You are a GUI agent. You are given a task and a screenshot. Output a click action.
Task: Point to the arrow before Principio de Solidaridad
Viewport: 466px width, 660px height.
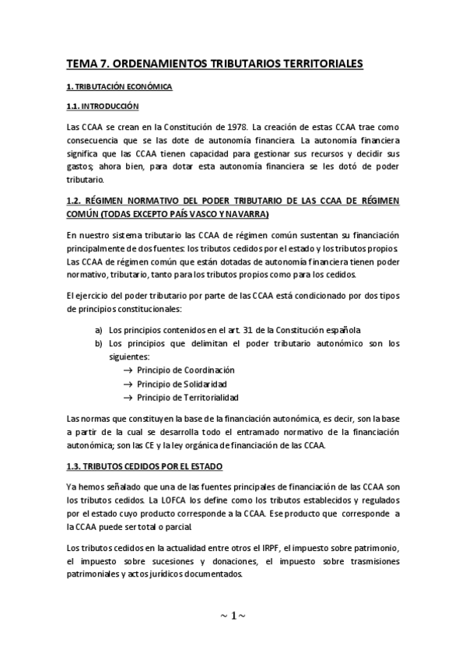(x=128, y=384)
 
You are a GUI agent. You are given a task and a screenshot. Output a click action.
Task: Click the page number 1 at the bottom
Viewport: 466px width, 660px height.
(x=233, y=616)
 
